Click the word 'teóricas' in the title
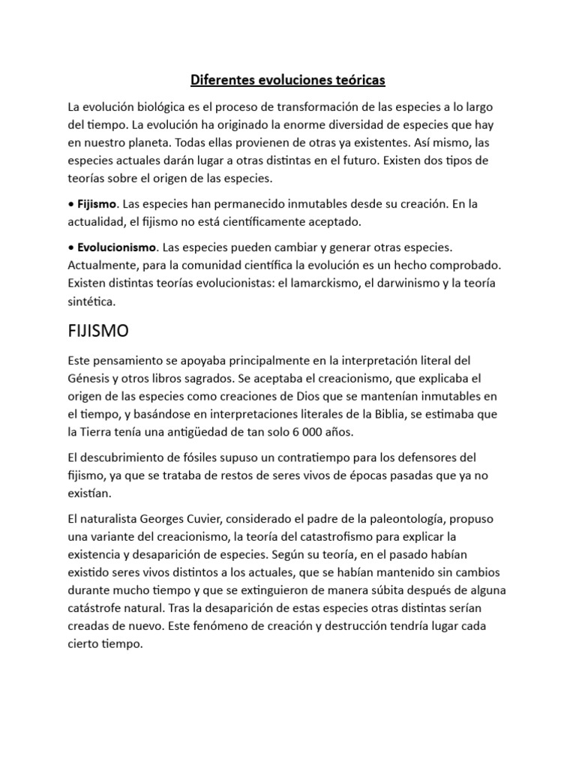358,79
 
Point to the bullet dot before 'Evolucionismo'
71,247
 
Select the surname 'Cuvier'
200,519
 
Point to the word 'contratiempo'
307,457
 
